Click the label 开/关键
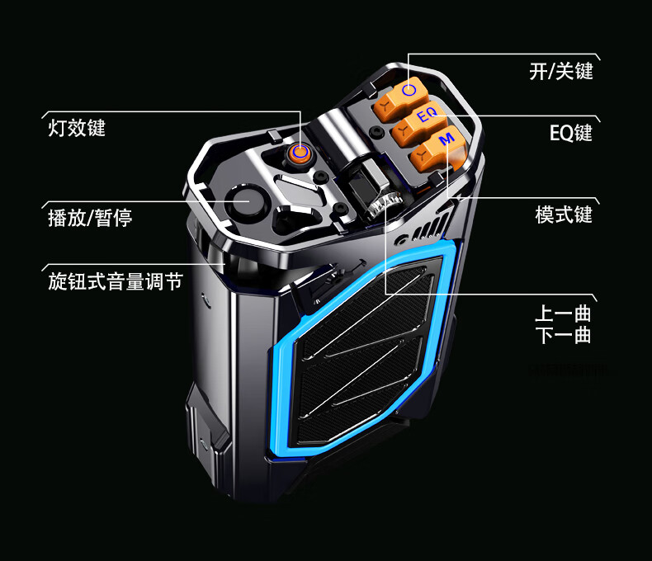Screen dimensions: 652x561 click(560, 71)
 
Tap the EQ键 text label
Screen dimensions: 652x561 click(570, 132)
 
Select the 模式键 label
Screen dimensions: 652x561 click(564, 215)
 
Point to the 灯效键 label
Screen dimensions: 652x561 click(77, 128)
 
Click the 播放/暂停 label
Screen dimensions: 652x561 click(90, 219)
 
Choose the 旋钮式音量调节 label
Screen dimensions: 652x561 click(115, 281)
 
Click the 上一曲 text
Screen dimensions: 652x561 click(562, 314)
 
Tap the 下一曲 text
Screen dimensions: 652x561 click(562, 335)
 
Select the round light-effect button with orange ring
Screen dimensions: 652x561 click(300, 152)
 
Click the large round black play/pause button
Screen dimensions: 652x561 click(246, 202)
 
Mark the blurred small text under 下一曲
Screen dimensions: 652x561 click(572, 370)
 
